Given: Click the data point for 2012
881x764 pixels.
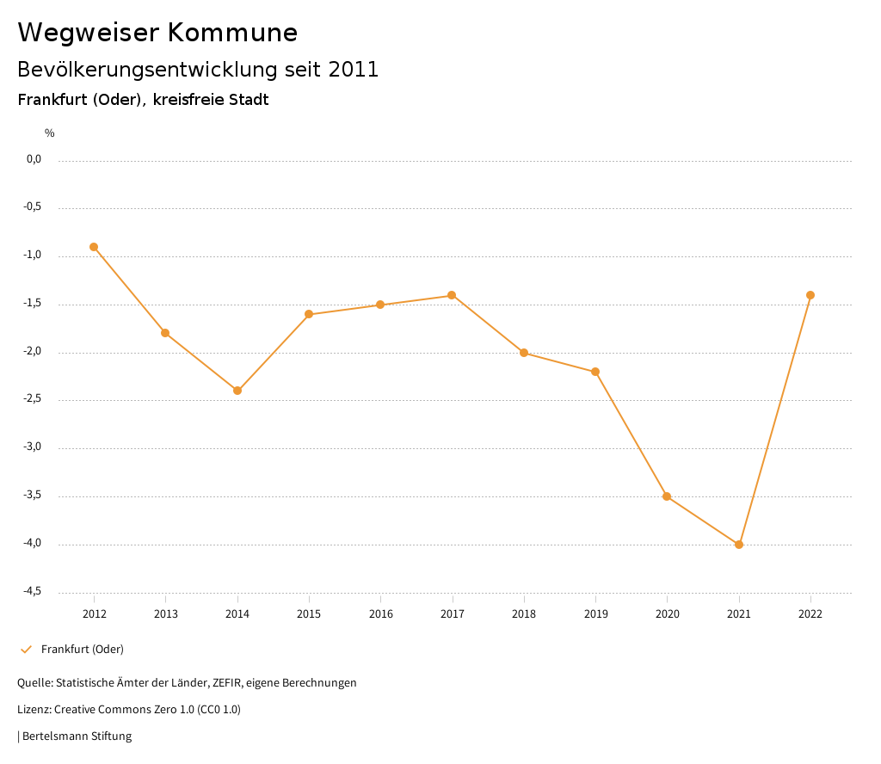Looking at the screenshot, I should (94, 247).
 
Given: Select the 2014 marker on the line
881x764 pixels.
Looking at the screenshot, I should (237, 391).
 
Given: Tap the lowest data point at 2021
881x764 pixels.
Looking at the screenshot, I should (739, 545).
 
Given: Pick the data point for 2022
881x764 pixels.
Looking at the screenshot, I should (810, 295).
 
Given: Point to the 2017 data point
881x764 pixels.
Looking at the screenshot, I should (452, 295).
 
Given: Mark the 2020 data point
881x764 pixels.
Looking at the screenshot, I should (667, 496).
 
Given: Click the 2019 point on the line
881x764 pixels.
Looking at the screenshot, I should (595, 372).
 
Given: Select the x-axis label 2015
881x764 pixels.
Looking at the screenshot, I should (309, 614).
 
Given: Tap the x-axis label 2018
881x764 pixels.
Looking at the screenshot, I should (524, 614).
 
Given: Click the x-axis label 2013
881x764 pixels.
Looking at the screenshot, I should (166, 614).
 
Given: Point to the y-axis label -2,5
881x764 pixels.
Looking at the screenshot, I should (34, 399).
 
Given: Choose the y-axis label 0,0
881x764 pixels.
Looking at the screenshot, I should (34, 159).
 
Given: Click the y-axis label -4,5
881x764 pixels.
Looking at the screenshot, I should (34, 591).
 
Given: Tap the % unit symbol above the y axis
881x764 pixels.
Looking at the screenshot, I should (50, 133).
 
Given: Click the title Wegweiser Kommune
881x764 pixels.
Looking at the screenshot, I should (157, 33).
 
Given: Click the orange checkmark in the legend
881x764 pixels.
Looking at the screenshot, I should (26, 650).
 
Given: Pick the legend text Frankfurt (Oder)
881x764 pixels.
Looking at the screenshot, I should (83, 650).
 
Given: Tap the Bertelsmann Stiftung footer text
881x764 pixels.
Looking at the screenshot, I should (77, 736).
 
